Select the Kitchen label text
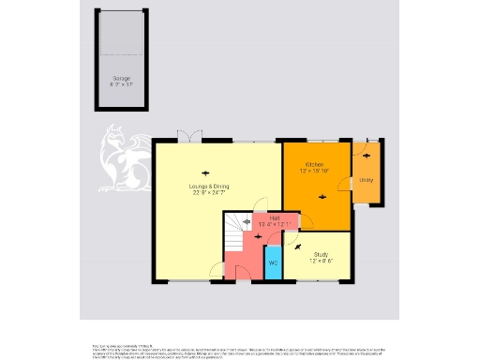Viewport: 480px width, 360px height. [313, 165]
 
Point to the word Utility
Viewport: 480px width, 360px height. [367, 180]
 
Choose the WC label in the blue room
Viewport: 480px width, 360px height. [273, 262]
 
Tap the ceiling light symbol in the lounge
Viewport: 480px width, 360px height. [204, 170]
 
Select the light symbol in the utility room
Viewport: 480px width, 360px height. [367, 155]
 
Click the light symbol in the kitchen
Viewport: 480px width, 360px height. [323, 196]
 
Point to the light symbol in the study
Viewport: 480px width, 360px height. [298, 246]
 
